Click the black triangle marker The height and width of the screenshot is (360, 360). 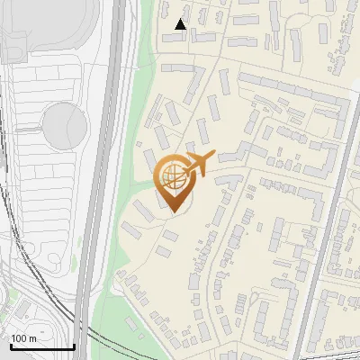tap(181, 24)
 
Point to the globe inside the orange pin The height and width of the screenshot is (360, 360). tap(172, 175)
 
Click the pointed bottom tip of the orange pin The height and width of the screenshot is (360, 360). tap(172, 211)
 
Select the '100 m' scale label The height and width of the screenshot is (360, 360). tap(23, 338)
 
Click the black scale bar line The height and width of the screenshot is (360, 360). tap(41, 346)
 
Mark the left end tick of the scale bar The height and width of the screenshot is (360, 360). tap(10, 345)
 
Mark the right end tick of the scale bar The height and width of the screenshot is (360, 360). tap(74, 345)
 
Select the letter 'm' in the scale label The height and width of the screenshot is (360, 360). tap(32, 338)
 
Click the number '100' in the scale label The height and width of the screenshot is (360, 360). tap(19, 338)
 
